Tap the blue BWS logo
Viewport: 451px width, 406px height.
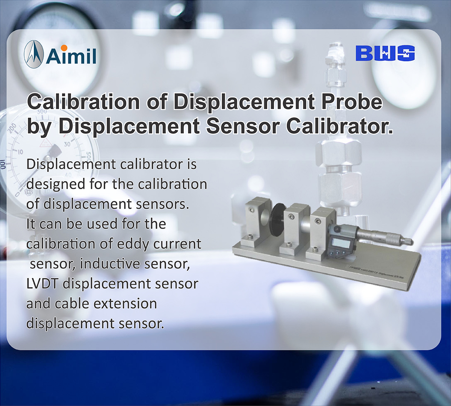pos(385,53)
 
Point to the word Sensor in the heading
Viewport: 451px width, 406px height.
pos(242,126)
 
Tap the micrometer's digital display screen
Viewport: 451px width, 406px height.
pos(342,242)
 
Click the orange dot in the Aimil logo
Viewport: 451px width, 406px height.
pos(64,47)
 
